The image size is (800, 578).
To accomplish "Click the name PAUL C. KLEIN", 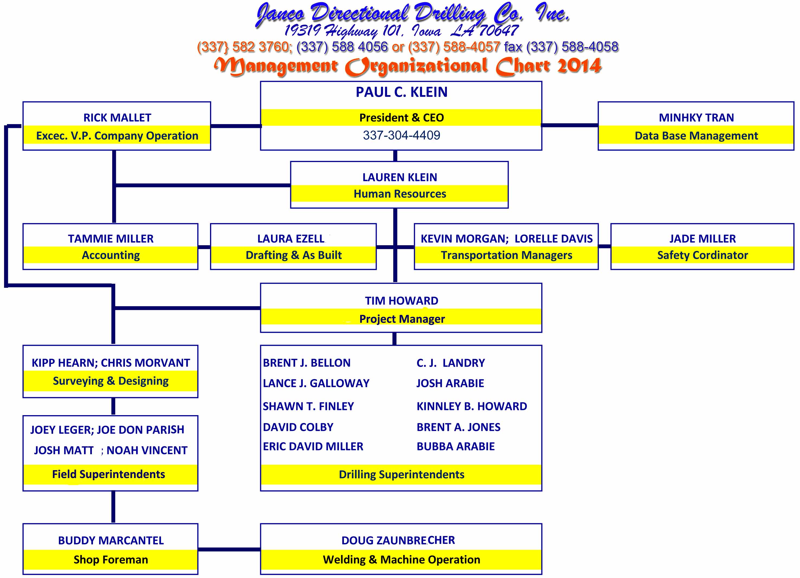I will point(401,92).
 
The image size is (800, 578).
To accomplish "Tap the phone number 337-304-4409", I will point(401,135).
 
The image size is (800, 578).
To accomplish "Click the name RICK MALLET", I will point(117,118).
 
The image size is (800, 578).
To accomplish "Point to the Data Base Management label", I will point(696,136).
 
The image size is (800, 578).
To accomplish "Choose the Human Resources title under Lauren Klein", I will point(400,194).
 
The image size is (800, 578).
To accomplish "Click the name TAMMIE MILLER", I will point(111,239).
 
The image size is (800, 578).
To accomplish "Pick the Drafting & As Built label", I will point(293,255).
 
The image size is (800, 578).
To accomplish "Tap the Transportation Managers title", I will point(506,255).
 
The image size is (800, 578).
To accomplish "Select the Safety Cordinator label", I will point(702,255).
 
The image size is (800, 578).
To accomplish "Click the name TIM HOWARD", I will point(401,301).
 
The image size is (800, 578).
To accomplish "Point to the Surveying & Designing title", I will point(111,381).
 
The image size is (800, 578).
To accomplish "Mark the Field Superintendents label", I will point(109,474).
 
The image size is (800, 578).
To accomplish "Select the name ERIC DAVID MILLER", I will point(313,447).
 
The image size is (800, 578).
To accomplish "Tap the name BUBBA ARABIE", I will point(455,447).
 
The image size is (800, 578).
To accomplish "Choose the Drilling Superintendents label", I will point(401,475).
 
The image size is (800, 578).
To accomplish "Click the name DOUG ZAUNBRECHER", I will point(398,540).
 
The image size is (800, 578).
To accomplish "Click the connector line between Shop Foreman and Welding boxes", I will point(229,549).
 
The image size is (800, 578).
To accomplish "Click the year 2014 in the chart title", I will point(579,66).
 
